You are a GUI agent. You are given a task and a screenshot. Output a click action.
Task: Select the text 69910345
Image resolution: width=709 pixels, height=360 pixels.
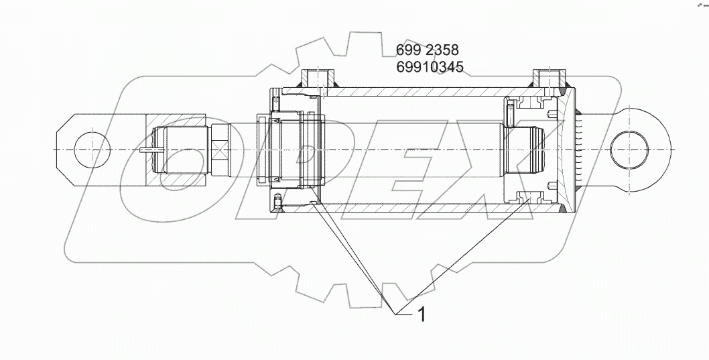pyautogui.click(x=430, y=66)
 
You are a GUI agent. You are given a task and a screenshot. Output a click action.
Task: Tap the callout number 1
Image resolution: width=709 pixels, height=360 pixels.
pyautogui.click(x=422, y=314)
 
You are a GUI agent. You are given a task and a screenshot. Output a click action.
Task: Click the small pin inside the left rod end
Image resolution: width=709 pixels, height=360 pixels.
pyautogui.click(x=152, y=151)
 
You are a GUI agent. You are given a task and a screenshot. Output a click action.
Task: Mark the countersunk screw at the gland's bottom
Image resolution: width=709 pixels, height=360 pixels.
pyautogui.click(x=278, y=200)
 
